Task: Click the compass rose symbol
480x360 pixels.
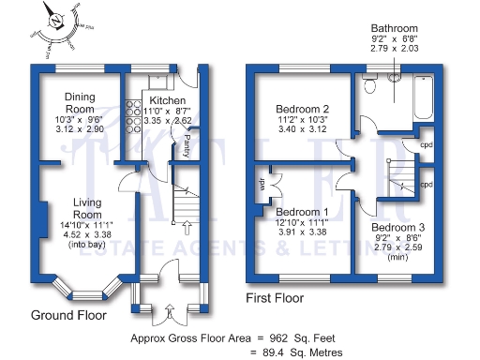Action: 58,23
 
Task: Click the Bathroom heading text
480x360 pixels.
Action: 395,28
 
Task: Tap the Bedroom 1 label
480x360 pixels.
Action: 302,211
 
